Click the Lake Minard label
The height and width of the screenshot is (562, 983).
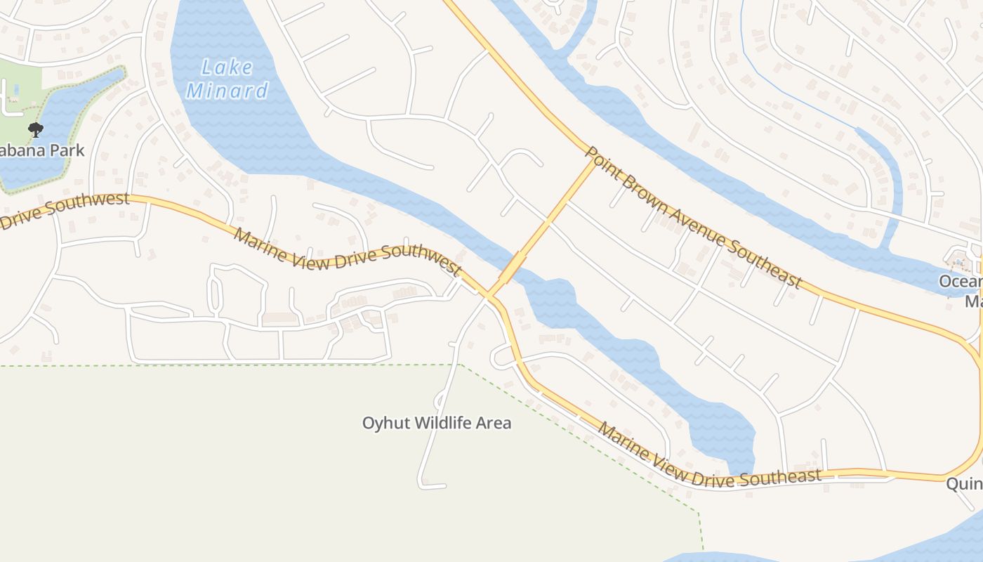(x=227, y=79)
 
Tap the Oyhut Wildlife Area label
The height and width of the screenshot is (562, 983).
(x=436, y=423)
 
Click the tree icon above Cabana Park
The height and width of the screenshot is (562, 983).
(x=35, y=129)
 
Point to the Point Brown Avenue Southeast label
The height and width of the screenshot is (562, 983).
(x=693, y=217)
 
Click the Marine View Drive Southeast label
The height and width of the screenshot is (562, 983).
(x=708, y=459)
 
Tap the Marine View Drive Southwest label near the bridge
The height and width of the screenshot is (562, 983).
(x=348, y=254)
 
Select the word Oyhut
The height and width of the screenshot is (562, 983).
(x=386, y=423)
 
